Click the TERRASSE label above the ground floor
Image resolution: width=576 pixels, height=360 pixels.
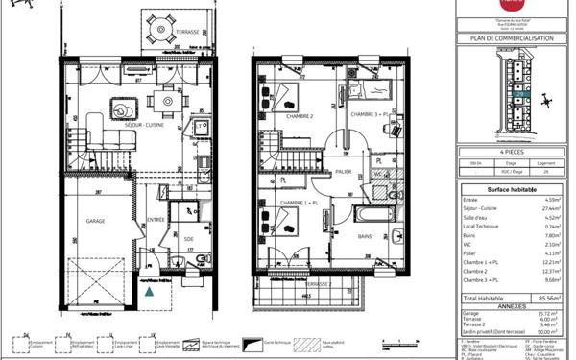187,32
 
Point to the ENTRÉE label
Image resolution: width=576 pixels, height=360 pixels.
155,220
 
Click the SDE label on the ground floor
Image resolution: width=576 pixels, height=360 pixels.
188,238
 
